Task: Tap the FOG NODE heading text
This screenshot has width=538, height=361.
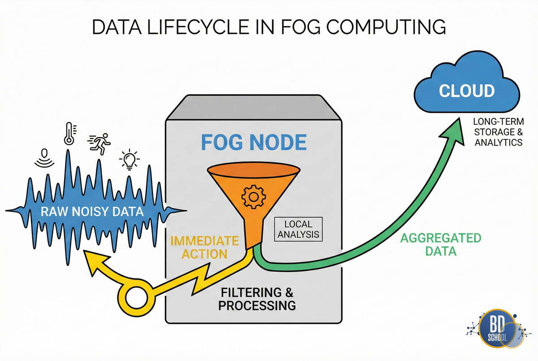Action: click(253, 142)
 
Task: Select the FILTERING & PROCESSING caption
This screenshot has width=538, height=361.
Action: click(257, 299)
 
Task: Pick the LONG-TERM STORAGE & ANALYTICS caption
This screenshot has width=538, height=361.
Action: click(497, 131)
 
